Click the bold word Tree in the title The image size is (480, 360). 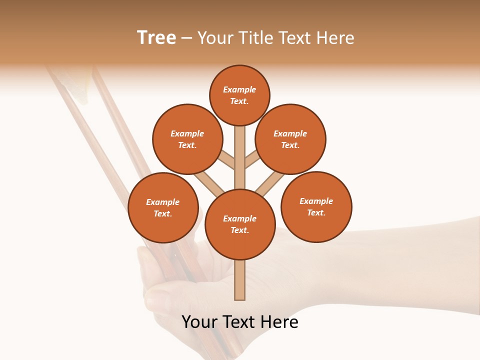click(156, 38)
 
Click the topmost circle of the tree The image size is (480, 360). click(239, 95)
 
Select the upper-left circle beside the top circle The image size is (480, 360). click(187, 139)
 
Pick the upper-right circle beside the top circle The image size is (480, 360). click(290, 139)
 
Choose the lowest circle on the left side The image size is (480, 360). click(163, 207)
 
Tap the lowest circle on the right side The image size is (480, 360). click(316, 206)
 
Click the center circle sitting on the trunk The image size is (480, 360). click(240, 224)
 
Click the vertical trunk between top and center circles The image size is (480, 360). click(240, 157)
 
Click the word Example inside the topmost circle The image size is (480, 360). click(239, 90)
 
